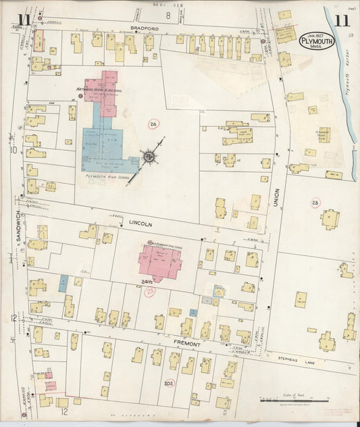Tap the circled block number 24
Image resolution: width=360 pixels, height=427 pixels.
click(154, 124)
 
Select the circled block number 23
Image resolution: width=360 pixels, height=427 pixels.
click(315, 202)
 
